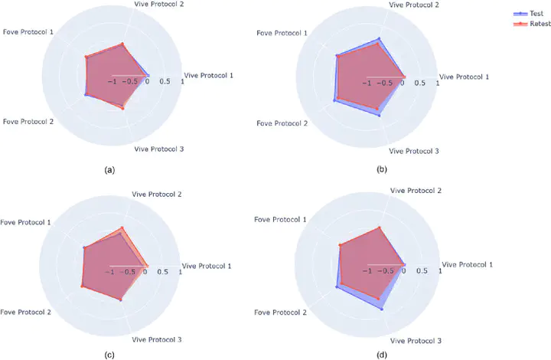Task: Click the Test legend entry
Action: (x=528, y=14)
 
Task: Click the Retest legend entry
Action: (x=530, y=24)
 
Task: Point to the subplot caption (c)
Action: (x=109, y=355)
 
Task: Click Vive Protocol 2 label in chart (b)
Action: (x=414, y=5)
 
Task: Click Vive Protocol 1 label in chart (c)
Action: (x=207, y=266)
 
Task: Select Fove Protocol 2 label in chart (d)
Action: (x=283, y=313)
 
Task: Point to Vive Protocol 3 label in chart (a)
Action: (x=158, y=149)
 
